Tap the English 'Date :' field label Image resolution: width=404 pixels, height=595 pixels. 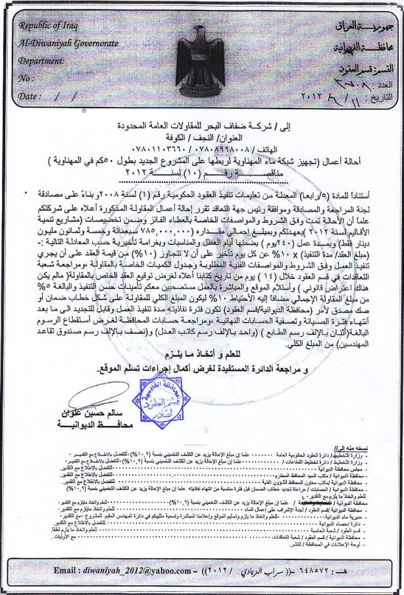coord(30,95)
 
